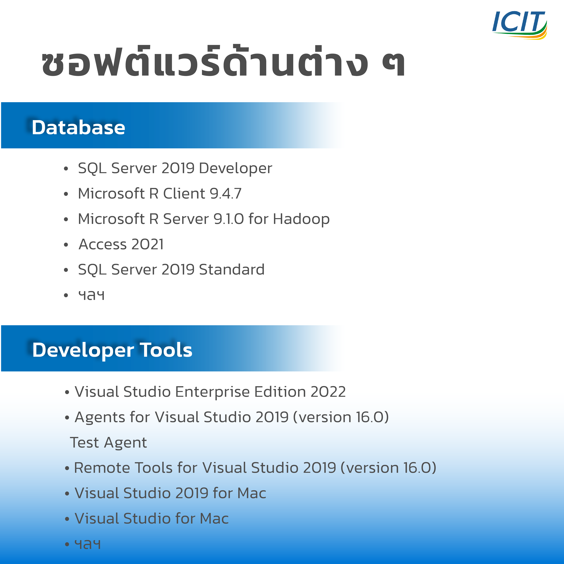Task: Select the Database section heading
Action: (78, 128)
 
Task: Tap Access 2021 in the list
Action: (121, 244)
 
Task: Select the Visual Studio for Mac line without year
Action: (152, 519)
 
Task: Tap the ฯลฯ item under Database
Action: (91, 295)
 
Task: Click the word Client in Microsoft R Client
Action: (184, 194)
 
